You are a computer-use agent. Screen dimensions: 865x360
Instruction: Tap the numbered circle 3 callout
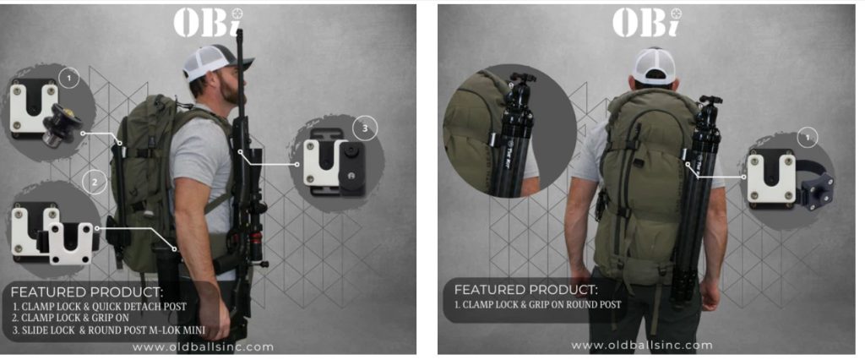point(365,128)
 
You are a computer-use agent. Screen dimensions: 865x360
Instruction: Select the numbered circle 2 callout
point(95,183)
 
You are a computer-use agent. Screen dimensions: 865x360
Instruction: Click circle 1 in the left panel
point(69,79)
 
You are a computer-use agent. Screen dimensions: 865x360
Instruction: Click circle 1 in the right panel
point(808,138)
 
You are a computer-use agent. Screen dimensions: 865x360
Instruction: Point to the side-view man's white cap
point(214,62)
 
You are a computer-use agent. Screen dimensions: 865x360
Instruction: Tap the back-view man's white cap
point(655,66)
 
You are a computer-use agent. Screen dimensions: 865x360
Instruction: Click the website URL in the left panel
point(203,346)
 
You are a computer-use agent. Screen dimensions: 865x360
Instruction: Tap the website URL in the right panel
point(642,346)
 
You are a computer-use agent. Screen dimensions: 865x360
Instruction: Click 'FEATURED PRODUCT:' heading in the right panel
point(525,289)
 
